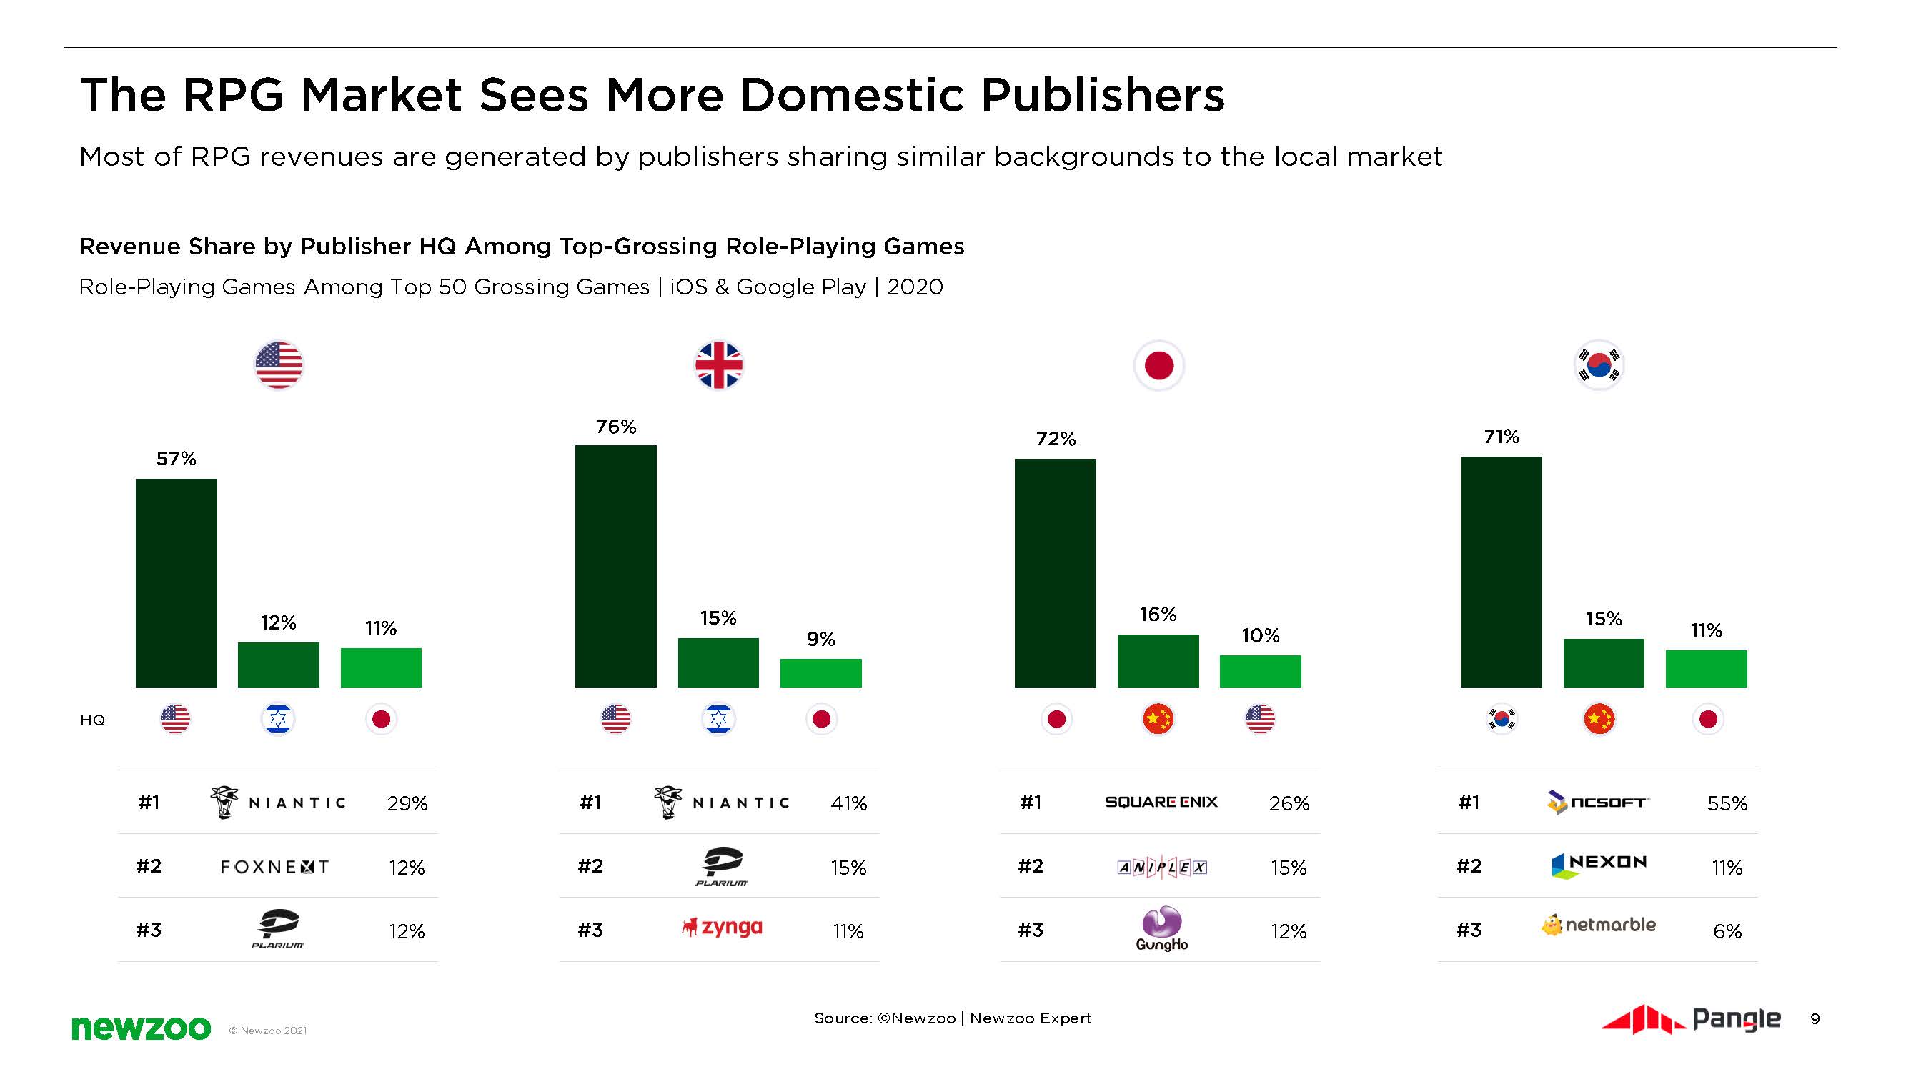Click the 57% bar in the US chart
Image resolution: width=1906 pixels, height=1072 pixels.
(x=176, y=582)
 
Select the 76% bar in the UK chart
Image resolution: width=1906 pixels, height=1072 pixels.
(x=615, y=566)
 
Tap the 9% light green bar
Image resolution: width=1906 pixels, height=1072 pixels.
(x=820, y=673)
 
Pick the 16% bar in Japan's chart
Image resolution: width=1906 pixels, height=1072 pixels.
(x=1158, y=660)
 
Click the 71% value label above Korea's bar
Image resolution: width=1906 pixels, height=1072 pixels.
(x=1502, y=437)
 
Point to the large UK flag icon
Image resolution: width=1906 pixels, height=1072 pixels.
(x=718, y=364)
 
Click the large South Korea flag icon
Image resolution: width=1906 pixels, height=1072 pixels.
(x=1599, y=364)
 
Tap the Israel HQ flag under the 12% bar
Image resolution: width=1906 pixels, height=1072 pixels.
(x=278, y=718)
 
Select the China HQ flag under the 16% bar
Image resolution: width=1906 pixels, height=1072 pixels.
(x=1158, y=718)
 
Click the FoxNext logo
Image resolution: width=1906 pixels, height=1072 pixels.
(x=274, y=866)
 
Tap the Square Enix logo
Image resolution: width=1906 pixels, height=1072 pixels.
(x=1161, y=802)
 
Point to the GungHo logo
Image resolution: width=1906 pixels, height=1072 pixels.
(x=1161, y=929)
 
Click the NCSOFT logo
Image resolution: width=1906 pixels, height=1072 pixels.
(x=1597, y=802)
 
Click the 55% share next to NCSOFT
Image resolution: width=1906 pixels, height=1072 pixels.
(x=1727, y=803)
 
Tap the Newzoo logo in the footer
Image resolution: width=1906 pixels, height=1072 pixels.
(x=141, y=1028)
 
